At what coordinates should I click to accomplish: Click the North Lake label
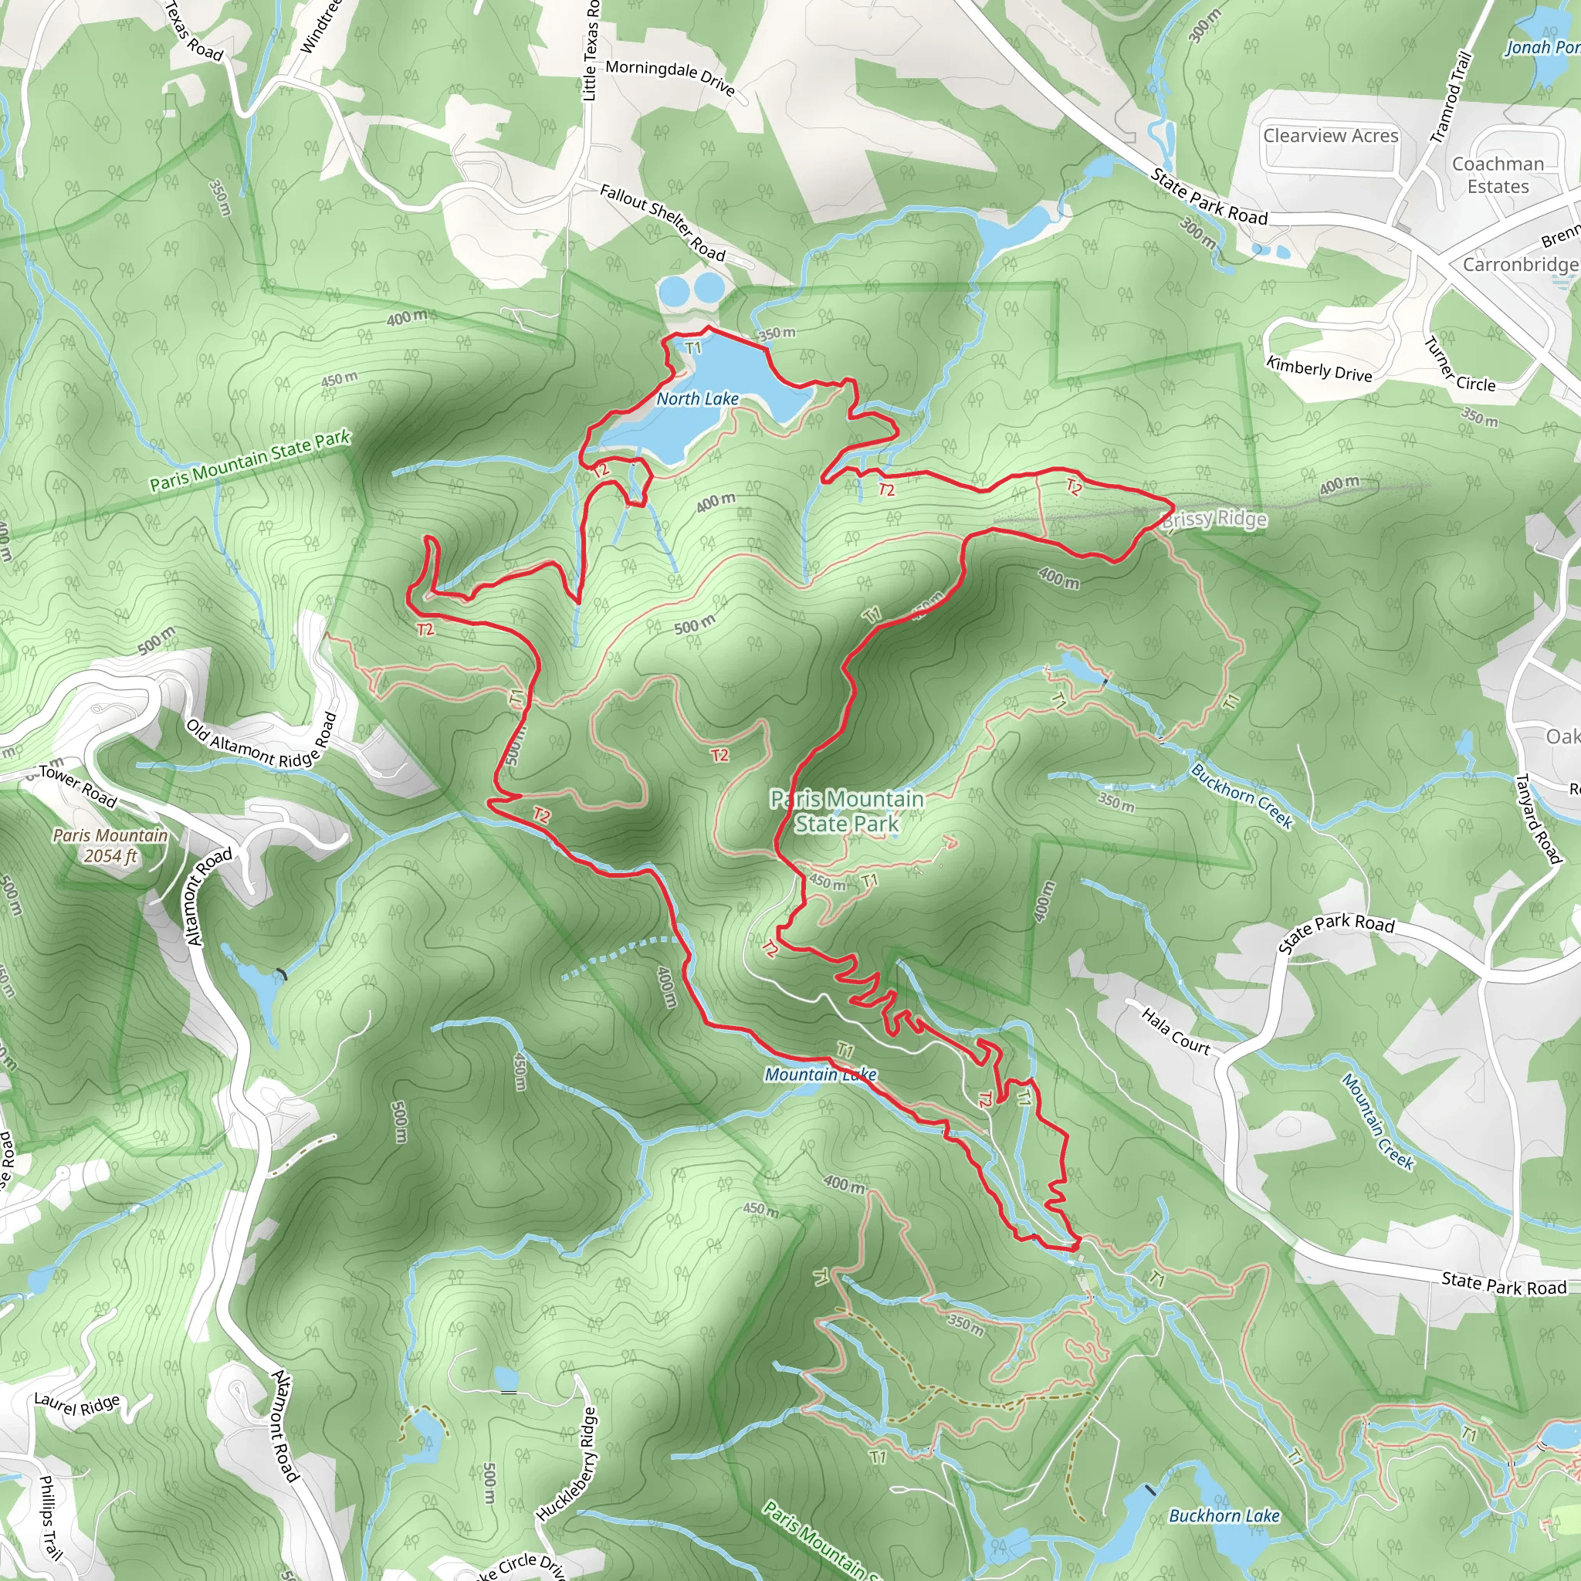(697, 398)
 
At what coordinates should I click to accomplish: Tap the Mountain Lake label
(820, 1075)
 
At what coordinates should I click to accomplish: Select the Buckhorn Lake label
(1224, 1515)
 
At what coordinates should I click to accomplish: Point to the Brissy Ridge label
(1214, 519)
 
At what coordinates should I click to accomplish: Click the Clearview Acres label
(1331, 135)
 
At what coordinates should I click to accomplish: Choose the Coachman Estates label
(1498, 175)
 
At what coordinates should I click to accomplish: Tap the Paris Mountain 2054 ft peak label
(110, 845)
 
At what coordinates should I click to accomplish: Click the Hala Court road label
(1175, 1031)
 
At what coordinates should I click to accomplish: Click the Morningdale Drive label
(670, 77)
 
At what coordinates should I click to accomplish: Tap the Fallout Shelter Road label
(662, 222)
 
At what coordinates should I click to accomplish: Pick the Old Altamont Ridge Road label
(262, 741)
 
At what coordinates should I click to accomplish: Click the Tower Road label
(78, 786)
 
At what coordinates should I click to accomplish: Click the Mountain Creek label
(1377, 1121)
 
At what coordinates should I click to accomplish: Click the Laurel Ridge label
(77, 1404)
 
